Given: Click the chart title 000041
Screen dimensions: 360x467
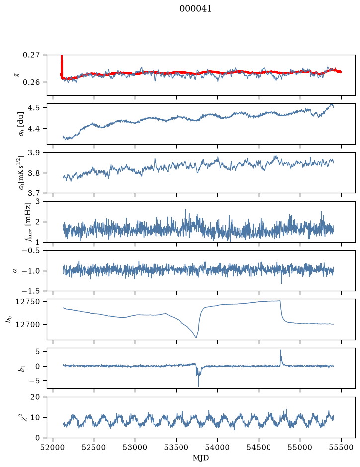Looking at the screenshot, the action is click(x=195, y=9).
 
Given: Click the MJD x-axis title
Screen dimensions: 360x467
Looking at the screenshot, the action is click(x=201, y=458).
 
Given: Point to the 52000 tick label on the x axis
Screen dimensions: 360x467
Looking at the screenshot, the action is click(x=53, y=447).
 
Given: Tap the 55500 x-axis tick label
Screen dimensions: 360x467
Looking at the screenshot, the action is click(x=341, y=447).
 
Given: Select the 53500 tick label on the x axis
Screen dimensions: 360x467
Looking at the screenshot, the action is click(x=177, y=447).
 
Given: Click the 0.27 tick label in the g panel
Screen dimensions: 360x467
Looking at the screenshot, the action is click(x=31, y=55).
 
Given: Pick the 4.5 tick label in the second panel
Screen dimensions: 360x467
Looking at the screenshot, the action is click(x=34, y=107).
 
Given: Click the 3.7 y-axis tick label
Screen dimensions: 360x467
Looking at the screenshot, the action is click(x=34, y=193).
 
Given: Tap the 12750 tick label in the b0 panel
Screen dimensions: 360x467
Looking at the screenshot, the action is click(x=28, y=302).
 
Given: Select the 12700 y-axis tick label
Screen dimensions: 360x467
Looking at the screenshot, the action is click(x=28, y=324).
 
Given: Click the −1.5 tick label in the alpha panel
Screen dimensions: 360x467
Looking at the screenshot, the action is click(x=31, y=291).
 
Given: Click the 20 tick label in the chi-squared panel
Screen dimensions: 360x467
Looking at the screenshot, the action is click(x=35, y=397).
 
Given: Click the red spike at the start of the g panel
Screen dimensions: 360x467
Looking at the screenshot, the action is click(x=62, y=66).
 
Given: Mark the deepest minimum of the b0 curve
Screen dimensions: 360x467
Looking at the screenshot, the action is click(x=196, y=337).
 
